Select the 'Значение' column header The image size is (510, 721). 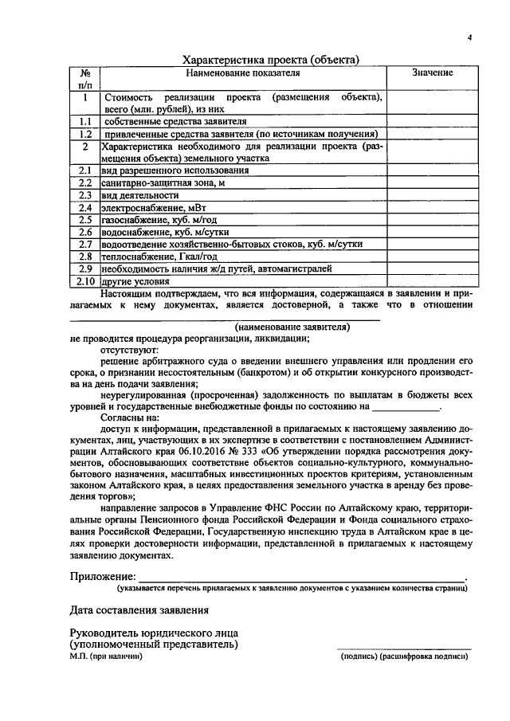(x=433, y=72)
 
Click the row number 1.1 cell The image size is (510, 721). (x=84, y=121)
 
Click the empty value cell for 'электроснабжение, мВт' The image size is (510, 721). (x=433, y=207)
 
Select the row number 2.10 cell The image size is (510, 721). (x=84, y=281)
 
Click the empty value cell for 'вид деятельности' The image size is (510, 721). (x=433, y=194)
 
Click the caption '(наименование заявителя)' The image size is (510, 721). (x=292, y=327)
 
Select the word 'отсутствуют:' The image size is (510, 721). (x=129, y=350)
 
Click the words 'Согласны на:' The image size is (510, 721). (x=130, y=417)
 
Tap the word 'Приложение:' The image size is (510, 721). (x=102, y=577)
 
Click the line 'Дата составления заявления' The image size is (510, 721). (x=139, y=610)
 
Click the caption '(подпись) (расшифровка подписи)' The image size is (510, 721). (x=404, y=656)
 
